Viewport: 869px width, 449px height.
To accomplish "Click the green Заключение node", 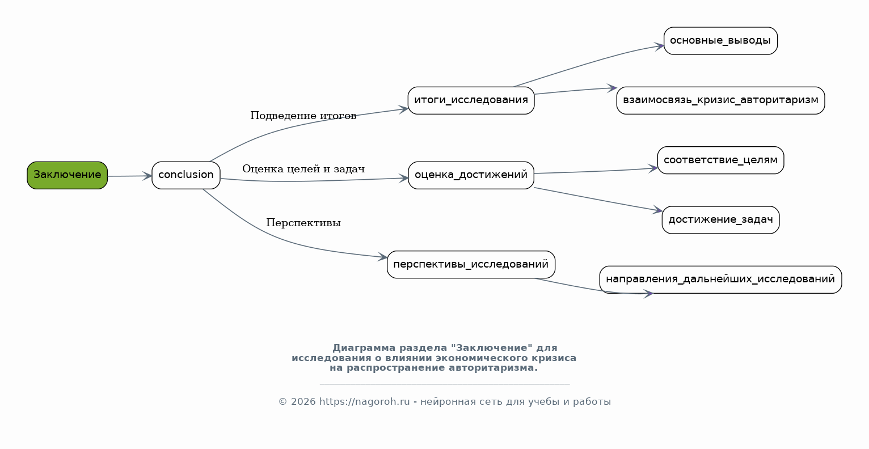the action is [x=67, y=175].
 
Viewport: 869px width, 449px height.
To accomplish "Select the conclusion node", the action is [x=186, y=175].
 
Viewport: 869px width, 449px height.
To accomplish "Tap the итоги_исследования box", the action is [x=471, y=100].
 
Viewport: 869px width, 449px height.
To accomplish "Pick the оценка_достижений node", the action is [x=471, y=175].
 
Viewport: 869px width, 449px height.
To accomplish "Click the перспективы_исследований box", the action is [x=471, y=264].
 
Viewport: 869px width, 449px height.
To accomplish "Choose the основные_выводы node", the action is [x=720, y=41].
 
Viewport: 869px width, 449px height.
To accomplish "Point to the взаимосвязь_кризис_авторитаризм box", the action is [x=720, y=100].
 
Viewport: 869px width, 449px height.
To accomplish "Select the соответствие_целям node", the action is [x=720, y=160].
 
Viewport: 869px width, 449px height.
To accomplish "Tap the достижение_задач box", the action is [x=720, y=220].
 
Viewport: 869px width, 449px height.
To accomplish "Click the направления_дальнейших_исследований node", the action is [x=720, y=279].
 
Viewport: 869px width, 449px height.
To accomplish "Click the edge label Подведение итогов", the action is [x=303, y=116].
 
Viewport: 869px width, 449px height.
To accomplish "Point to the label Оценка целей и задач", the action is [x=303, y=169].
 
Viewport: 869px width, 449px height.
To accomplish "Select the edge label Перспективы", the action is [x=303, y=223].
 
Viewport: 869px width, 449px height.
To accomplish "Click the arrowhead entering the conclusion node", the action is [x=147, y=176].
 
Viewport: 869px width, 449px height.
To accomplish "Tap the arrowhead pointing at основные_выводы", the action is [x=659, y=46].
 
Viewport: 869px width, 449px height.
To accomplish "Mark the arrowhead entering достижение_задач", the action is [x=657, y=210].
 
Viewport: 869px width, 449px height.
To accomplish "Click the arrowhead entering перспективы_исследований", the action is [x=382, y=257].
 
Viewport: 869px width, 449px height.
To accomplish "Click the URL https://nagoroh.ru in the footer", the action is [x=364, y=402].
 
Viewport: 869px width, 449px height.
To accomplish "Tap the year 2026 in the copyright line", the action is [x=303, y=402].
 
